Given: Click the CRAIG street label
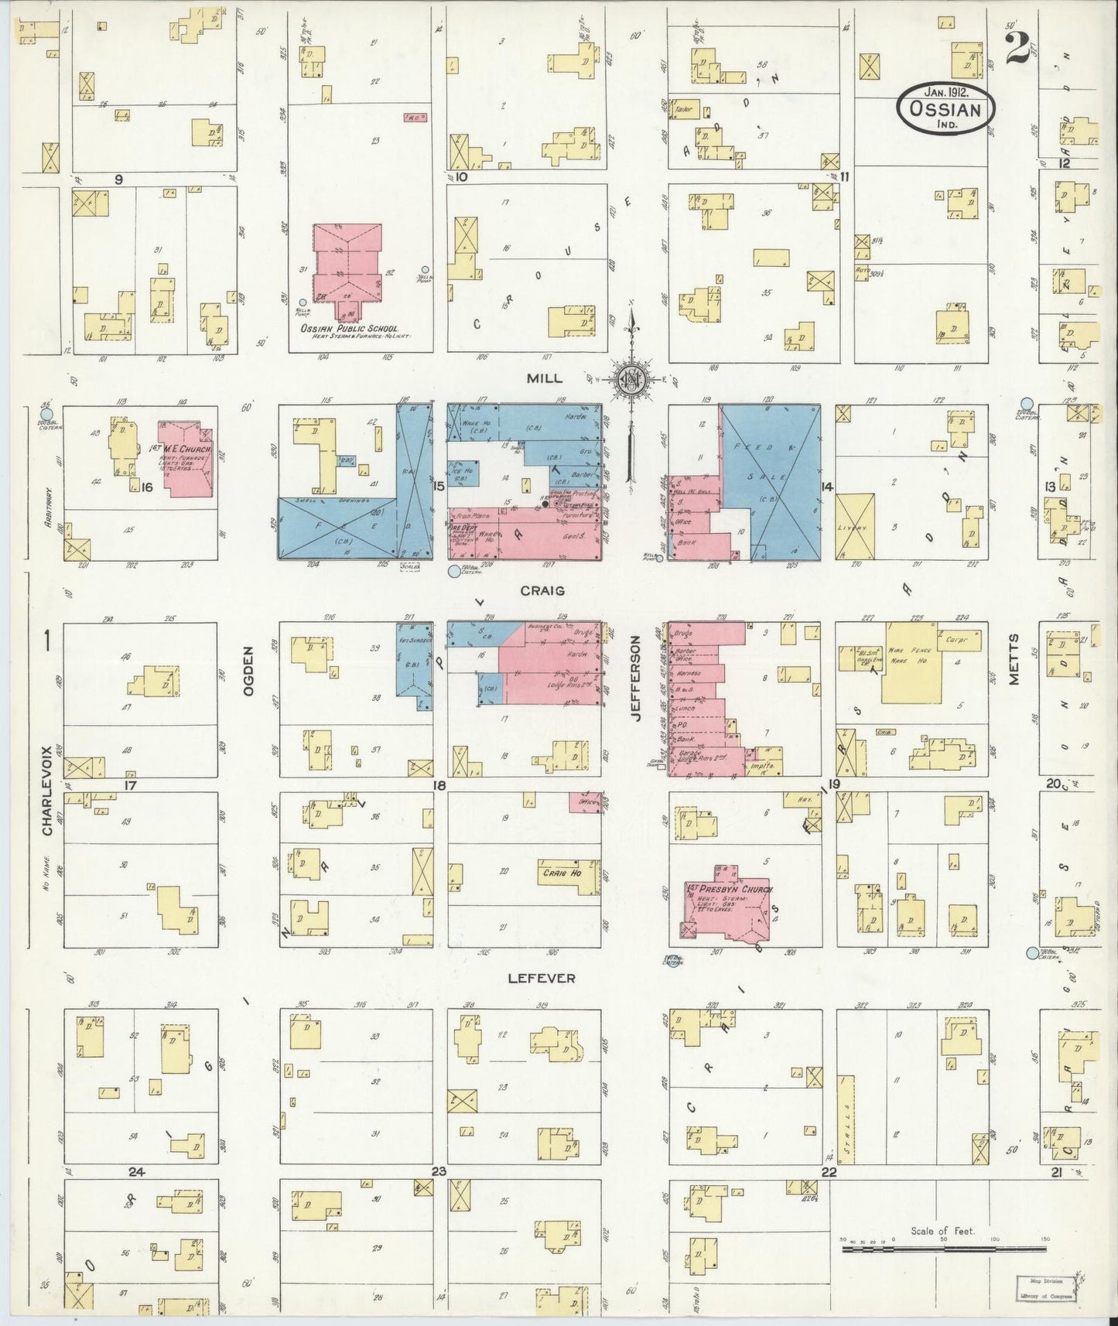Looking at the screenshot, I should (x=542, y=590).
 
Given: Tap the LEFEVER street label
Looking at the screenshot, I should (x=542, y=978).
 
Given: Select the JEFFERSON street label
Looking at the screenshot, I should (x=636, y=678).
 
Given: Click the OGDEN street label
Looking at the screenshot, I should (x=248, y=672).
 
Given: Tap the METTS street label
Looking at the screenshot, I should (x=1014, y=659).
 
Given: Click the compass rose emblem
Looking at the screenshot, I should (x=631, y=379).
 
